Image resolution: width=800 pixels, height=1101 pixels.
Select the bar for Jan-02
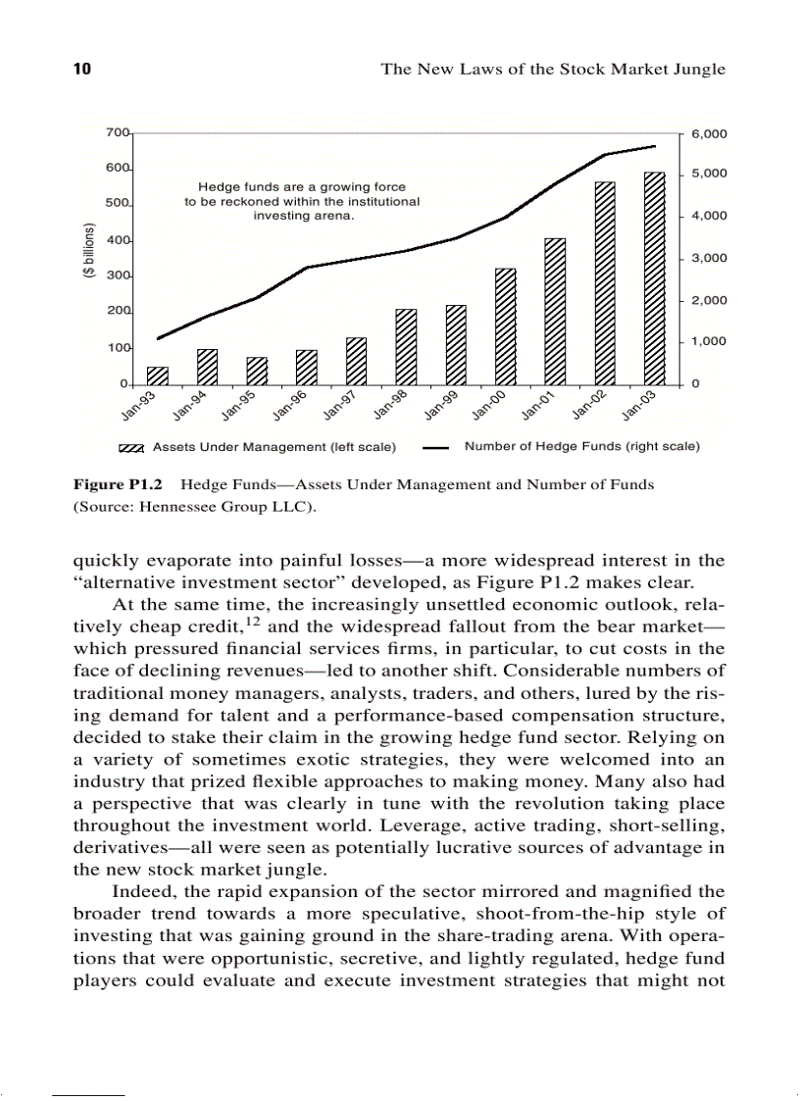tap(605, 283)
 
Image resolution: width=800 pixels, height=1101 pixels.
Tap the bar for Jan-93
tap(157, 375)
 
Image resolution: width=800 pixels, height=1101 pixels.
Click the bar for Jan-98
tap(406, 346)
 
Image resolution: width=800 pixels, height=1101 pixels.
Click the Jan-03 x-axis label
tap(638, 404)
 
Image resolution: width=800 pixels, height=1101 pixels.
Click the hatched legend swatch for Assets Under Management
tap(132, 448)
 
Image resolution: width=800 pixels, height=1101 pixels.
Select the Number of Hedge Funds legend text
tap(581, 447)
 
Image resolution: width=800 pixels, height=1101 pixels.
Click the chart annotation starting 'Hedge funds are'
tap(302, 201)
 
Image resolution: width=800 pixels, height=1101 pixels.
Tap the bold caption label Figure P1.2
tap(119, 484)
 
